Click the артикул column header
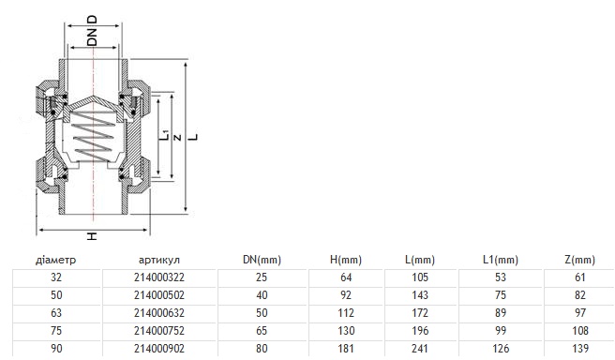[158, 260]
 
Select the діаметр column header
[55, 260]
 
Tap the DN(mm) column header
[262, 260]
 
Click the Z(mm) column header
[579, 260]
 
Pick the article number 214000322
[158, 277]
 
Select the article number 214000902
[158, 349]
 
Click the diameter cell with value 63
[56, 313]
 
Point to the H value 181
[346, 349]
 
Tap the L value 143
[420, 295]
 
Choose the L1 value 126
[500, 349]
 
